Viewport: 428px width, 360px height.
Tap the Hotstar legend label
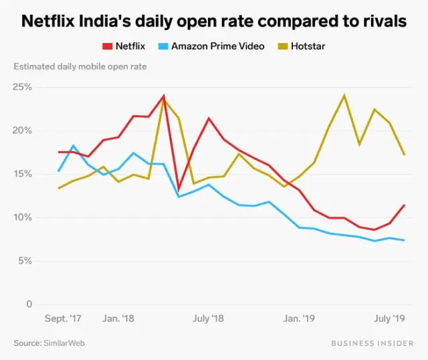308,46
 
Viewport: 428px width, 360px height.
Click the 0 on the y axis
29,304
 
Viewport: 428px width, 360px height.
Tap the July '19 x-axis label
389,319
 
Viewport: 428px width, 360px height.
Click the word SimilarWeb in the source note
66,343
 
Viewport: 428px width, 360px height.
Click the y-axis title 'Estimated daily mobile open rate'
80,66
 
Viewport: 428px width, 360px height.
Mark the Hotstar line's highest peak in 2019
344,95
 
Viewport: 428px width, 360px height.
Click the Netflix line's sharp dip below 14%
179,189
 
